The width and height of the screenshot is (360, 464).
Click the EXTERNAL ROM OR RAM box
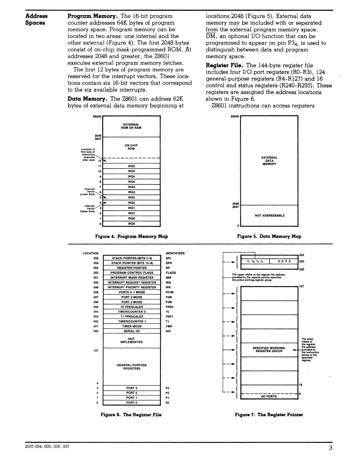(131, 126)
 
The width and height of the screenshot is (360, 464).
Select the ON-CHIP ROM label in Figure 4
(131, 147)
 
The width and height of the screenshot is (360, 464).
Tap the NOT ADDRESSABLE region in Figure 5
(270, 216)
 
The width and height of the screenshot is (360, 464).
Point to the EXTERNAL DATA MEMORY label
(269, 161)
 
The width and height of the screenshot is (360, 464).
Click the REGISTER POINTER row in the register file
(132, 268)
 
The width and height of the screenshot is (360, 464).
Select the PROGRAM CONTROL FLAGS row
(132, 272)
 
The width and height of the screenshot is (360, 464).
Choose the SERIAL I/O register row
(132, 331)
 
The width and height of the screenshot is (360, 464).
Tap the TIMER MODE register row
(132, 326)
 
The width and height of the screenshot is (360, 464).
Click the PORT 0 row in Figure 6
(132, 403)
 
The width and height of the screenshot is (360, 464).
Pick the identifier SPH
(169, 263)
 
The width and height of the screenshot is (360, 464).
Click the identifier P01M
(170, 292)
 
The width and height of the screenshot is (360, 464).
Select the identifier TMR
(169, 326)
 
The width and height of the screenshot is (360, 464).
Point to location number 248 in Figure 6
(96, 292)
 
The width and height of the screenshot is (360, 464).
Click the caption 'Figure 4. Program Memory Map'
(131, 236)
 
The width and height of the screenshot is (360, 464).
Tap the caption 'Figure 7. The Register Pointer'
(269, 415)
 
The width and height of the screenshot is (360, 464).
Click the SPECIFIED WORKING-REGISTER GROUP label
(269, 349)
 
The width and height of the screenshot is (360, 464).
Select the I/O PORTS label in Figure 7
(269, 396)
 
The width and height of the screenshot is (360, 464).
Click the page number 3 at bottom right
(331, 449)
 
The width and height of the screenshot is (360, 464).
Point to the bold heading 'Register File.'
(225, 65)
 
